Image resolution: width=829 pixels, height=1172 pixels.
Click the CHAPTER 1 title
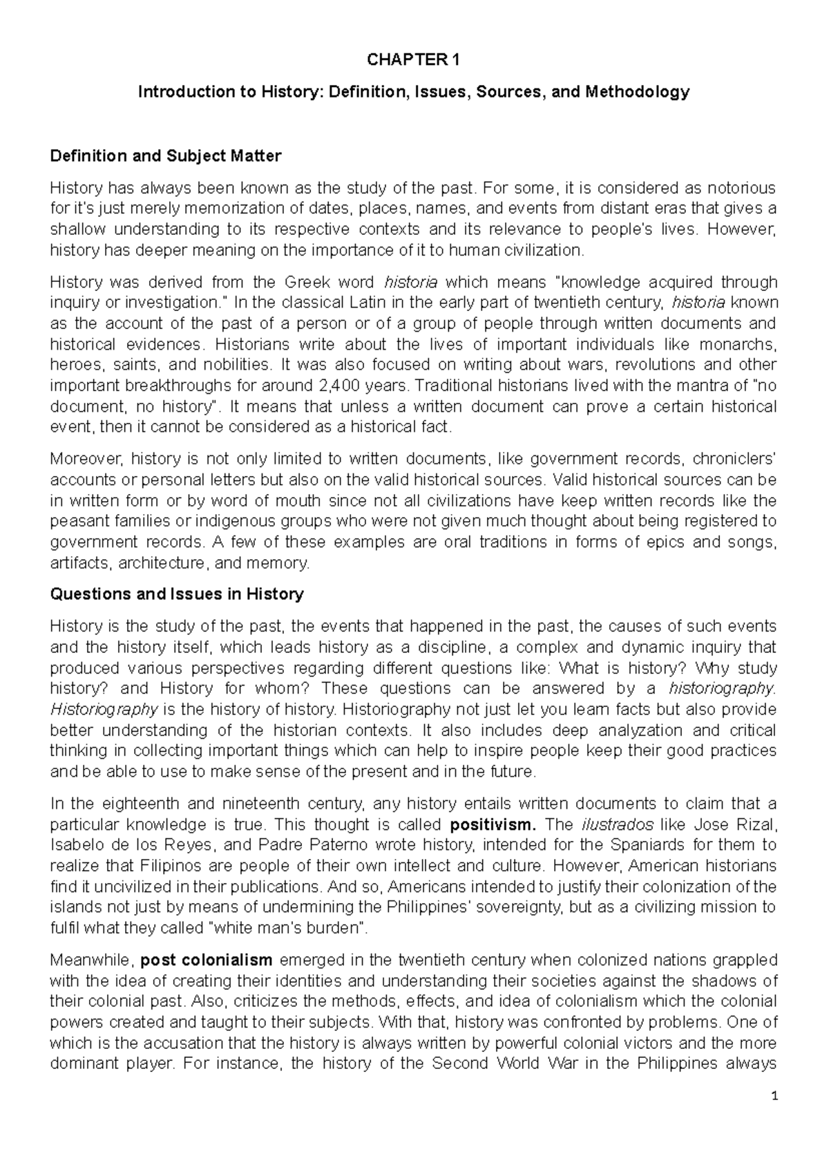413,61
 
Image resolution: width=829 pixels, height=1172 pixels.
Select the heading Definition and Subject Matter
166,156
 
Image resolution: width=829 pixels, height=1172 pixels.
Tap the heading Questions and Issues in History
177,594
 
